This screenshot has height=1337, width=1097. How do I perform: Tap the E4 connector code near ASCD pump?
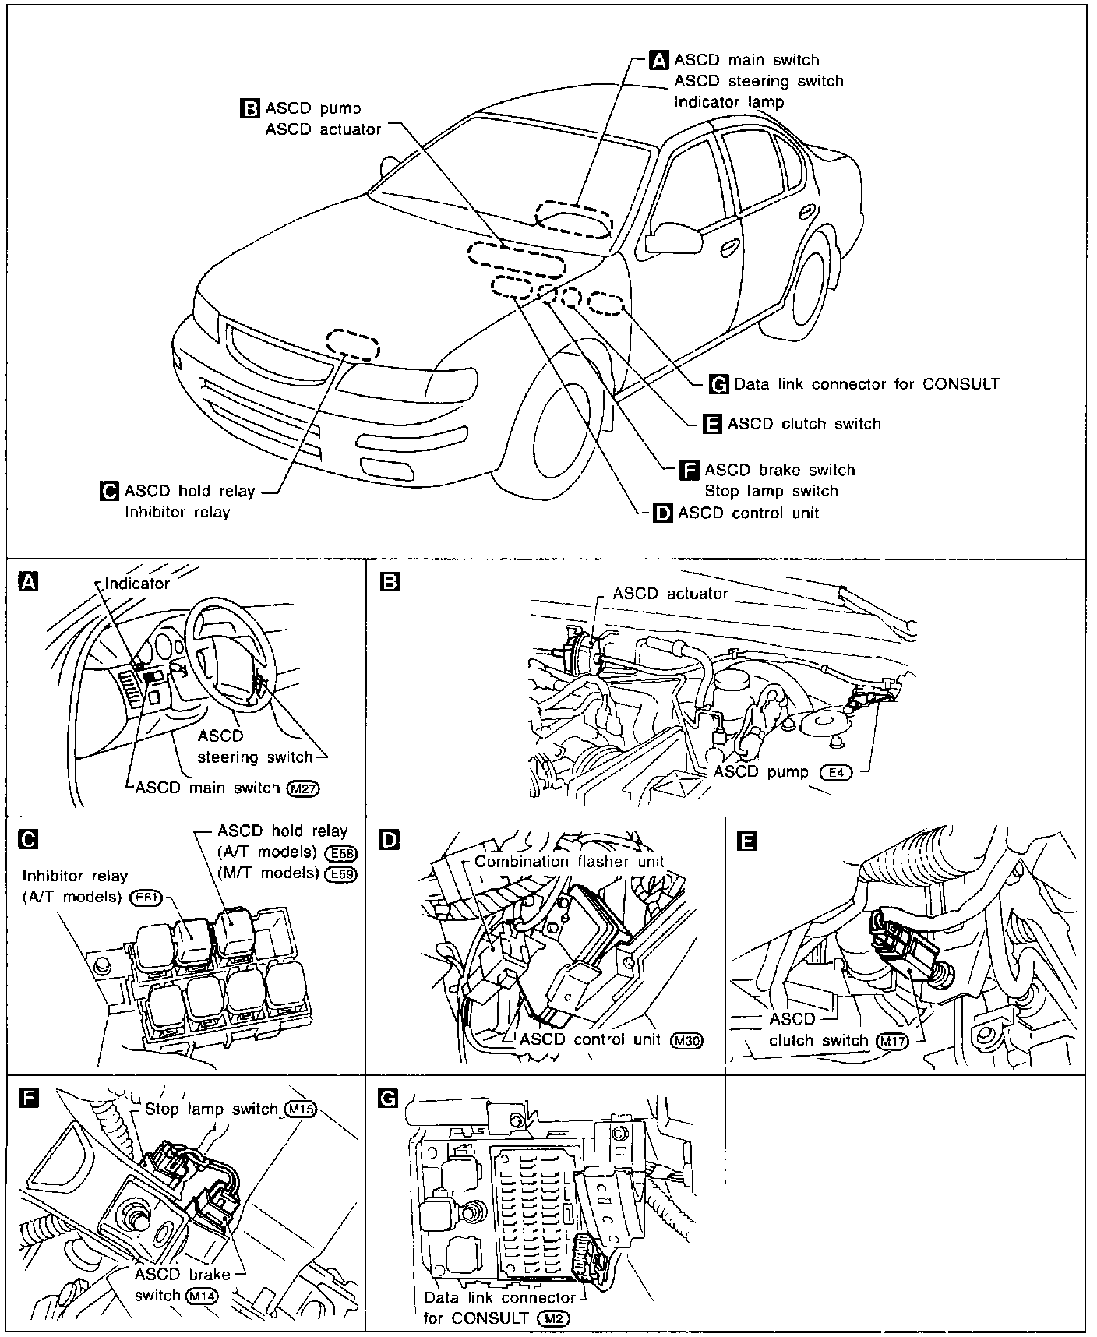[836, 772]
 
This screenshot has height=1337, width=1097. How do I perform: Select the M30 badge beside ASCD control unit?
[686, 1040]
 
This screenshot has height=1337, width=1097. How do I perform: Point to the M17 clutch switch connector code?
[892, 1041]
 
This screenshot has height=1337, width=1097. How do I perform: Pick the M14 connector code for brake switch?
[202, 1295]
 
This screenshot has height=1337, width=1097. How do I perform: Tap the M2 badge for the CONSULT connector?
[554, 1318]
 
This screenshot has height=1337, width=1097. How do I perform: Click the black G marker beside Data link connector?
[720, 384]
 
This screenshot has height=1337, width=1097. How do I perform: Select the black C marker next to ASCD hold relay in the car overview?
[110, 491]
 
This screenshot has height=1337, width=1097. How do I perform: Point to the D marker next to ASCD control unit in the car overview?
[663, 513]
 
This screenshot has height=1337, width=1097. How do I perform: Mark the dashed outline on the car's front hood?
[352, 344]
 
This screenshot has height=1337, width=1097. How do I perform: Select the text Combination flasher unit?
[570, 862]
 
